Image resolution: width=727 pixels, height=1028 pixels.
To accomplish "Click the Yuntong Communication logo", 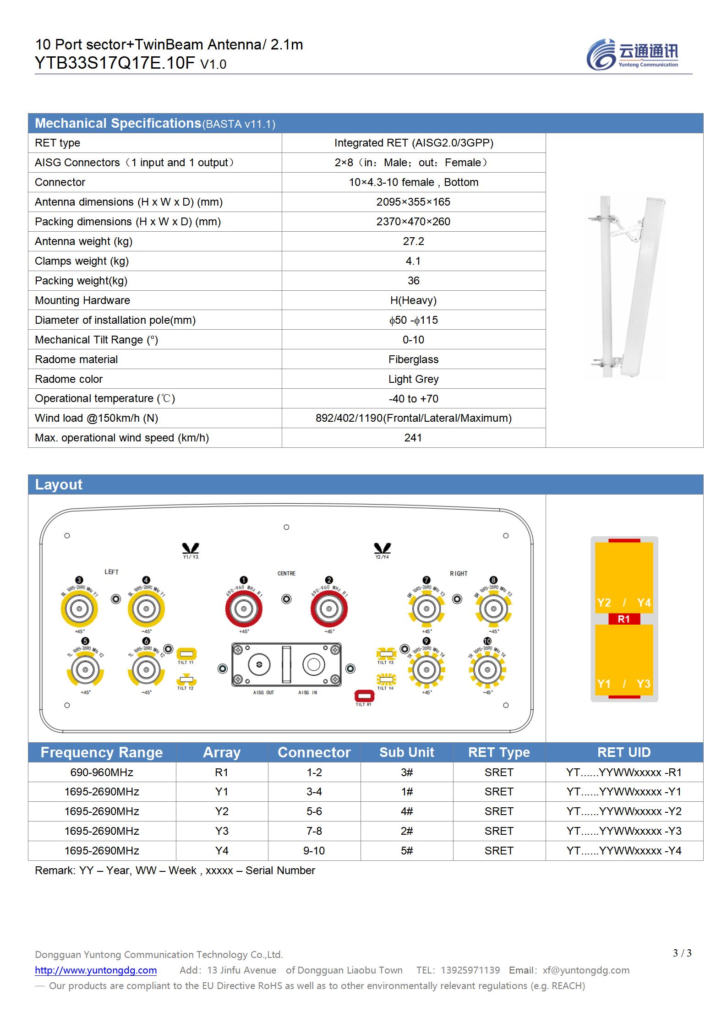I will point(632,54).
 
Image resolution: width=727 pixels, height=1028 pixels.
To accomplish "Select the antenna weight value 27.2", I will point(413,241).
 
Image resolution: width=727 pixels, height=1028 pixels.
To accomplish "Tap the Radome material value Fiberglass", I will point(413,359).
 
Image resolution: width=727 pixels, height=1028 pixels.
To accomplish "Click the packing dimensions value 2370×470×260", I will point(413,222).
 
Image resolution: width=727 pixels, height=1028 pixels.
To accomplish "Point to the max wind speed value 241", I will point(413,438).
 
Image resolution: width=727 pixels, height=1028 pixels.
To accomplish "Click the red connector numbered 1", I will point(243,609).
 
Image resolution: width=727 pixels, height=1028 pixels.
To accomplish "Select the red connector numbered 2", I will point(328,609).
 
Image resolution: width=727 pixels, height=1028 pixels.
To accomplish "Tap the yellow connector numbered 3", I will point(79,609).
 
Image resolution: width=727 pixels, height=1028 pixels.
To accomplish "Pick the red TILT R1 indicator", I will point(364,696).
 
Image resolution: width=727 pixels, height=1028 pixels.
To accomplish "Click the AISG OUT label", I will point(263,693).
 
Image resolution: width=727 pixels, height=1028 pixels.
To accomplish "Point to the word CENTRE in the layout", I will point(286,573).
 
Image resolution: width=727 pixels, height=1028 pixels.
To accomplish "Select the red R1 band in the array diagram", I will point(624,619).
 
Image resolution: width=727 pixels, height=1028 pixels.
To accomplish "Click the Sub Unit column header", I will point(407,752).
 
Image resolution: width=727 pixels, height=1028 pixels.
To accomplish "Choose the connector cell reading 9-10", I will point(314,851).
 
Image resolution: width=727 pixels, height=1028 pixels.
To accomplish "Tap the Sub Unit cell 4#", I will point(407,811).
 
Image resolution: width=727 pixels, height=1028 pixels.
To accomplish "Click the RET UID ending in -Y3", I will point(624,831).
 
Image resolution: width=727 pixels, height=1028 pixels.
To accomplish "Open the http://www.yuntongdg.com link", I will point(96,970).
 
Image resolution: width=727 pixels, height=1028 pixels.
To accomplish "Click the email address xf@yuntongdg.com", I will point(586,970).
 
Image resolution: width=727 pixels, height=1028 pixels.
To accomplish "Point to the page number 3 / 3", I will point(682,953).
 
